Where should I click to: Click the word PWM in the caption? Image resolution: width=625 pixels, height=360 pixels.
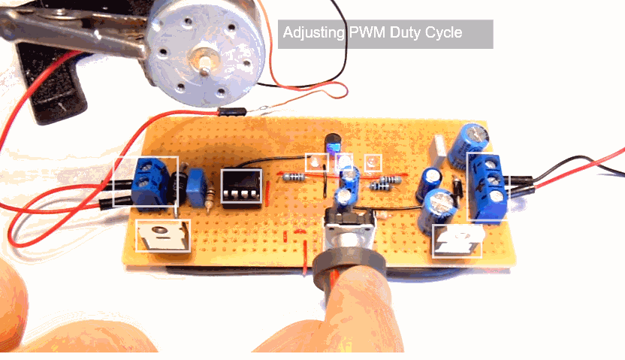point(367,34)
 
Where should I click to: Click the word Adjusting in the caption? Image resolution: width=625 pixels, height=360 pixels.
point(314,34)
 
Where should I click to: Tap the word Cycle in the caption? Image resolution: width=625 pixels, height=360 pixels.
point(443,34)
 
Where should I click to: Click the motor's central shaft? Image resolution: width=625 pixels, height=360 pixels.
point(201,59)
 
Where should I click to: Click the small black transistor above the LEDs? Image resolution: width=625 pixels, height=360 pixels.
point(332,143)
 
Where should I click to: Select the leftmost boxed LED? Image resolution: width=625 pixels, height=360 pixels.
point(316,162)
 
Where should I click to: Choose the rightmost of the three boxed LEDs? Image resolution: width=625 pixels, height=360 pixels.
point(372,162)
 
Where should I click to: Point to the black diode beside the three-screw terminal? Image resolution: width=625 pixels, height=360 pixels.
point(457,186)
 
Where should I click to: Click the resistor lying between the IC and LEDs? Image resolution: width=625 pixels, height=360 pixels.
point(294,177)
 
